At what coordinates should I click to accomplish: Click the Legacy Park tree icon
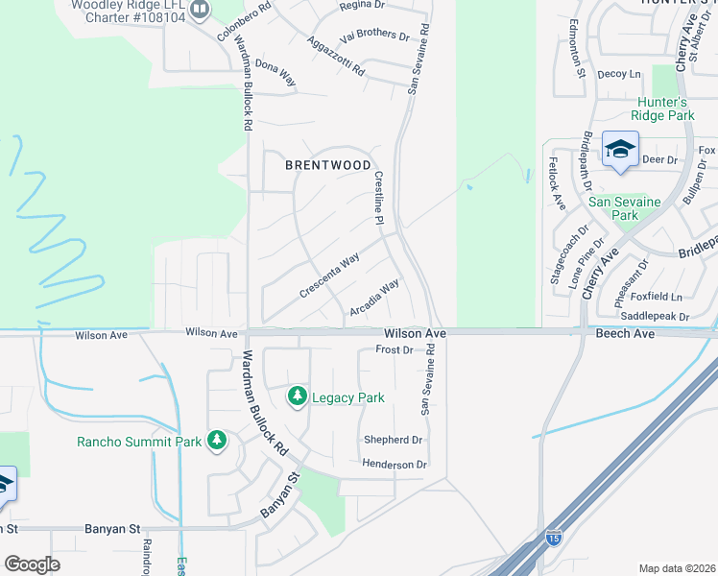(298, 396)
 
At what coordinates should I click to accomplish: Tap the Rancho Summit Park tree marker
(217, 441)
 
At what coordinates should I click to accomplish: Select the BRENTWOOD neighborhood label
(327, 165)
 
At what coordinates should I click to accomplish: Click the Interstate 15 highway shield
(553, 538)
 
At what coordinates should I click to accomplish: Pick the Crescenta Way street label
(329, 275)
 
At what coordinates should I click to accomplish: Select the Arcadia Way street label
(374, 298)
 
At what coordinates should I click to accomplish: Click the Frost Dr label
(394, 349)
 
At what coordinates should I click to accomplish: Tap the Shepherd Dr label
(393, 440)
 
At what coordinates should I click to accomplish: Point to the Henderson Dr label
(394, 465)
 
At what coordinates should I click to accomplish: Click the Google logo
(32, 564)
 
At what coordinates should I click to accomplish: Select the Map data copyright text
(676, 567)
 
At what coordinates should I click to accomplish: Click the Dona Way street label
(275, 75)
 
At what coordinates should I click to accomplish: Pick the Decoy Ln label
(618, 74)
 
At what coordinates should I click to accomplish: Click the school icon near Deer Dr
(620, 150)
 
